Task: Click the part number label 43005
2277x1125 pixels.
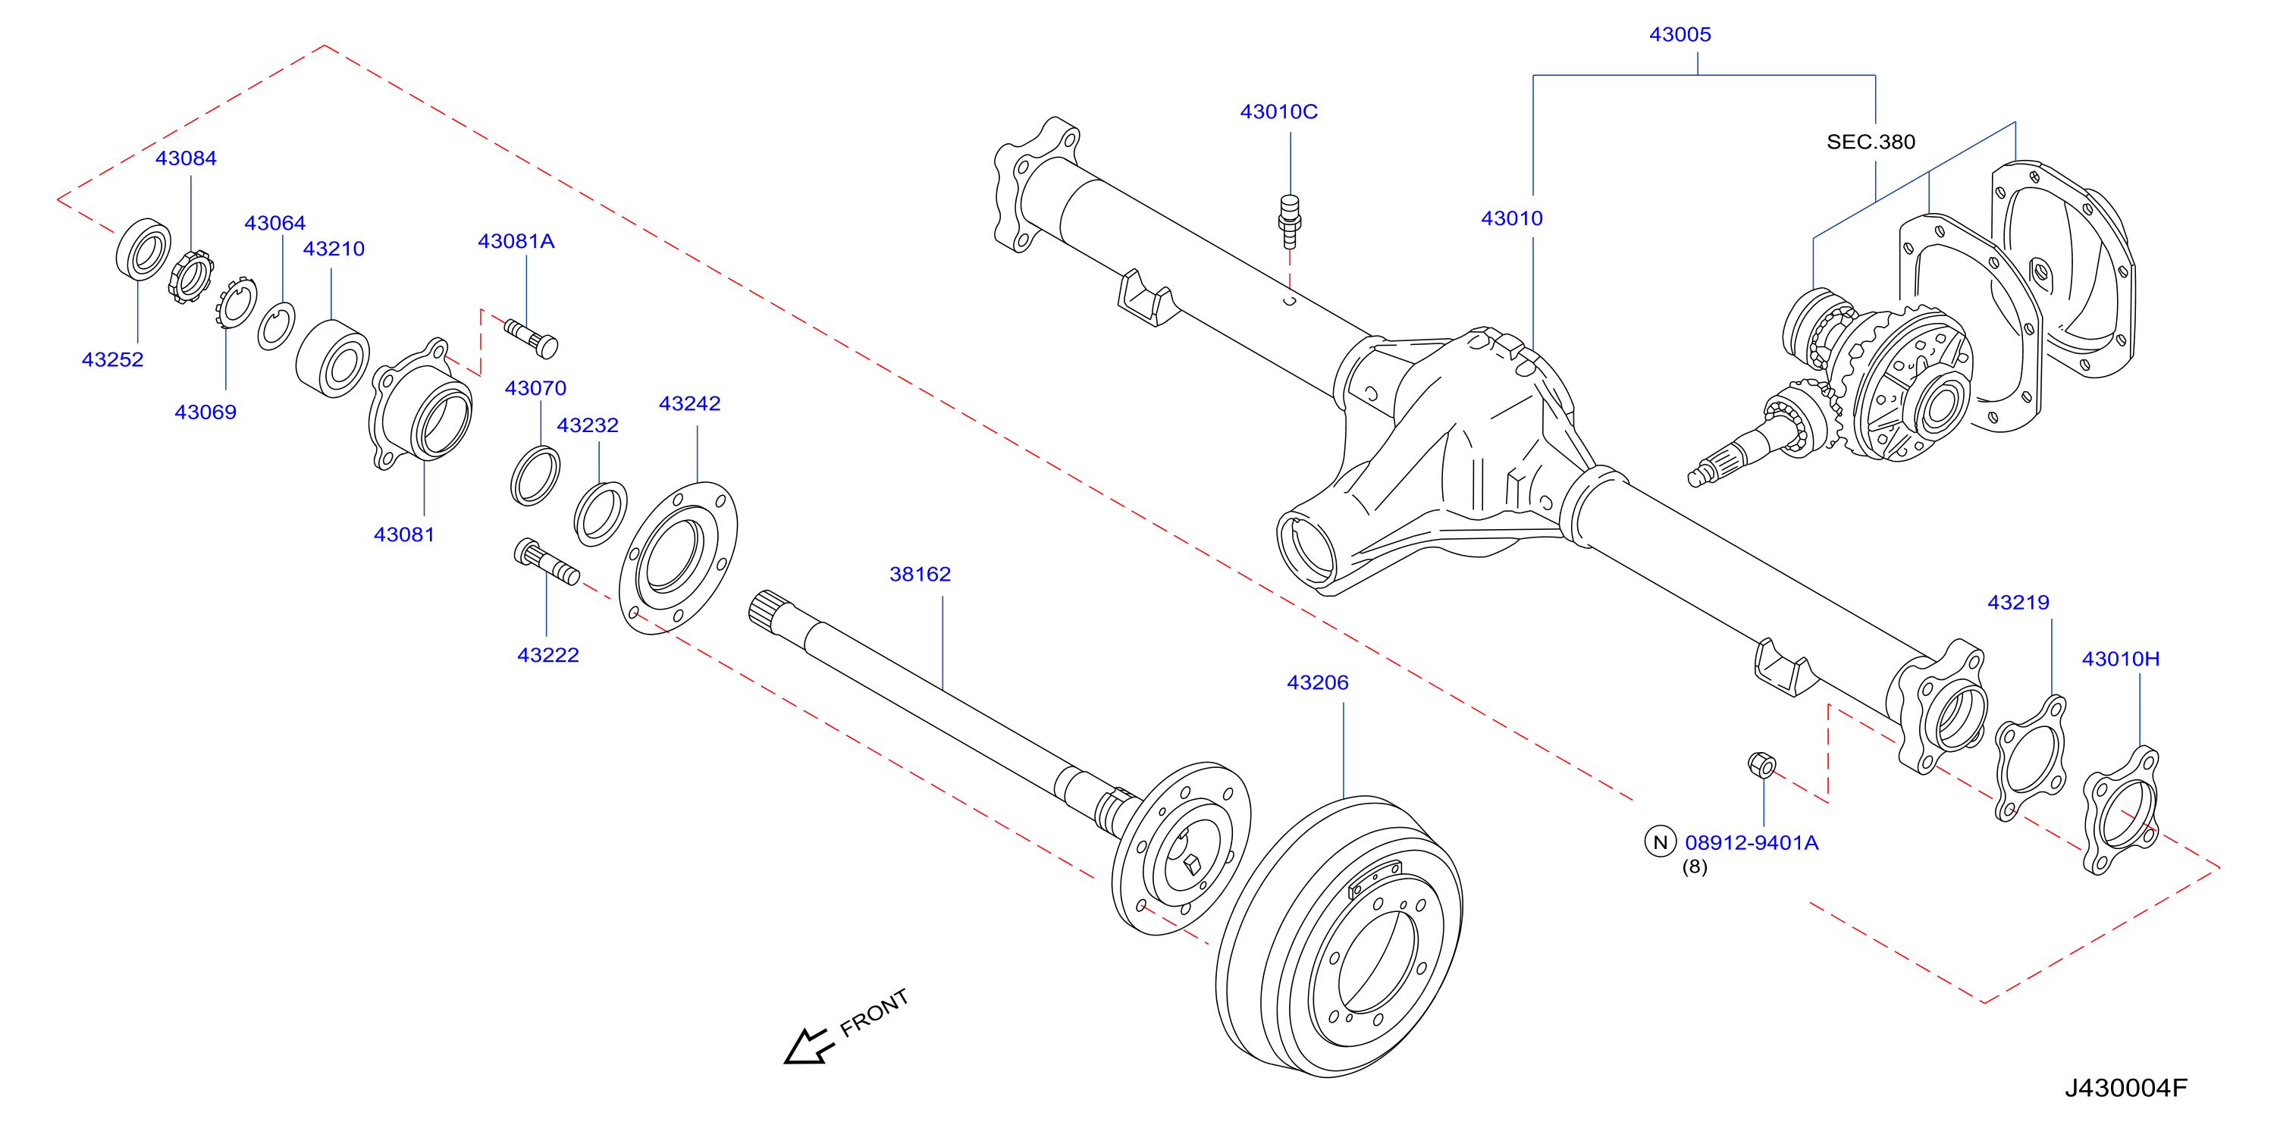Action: coord(1680,34)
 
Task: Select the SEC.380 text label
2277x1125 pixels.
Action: coord(1871,142)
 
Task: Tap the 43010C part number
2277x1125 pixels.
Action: coord(1278,111)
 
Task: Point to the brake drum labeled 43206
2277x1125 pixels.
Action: coord(1339,937)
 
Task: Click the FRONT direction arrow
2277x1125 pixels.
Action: coord(809,1046)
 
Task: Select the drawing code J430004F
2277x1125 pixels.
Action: coord(2125,1088)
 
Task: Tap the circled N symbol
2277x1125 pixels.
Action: coord(1660,841)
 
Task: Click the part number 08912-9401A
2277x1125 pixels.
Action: coord(1751,842)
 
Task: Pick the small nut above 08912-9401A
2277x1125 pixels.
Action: coord(1761,764)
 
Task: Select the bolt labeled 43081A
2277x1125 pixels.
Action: coord(532,338)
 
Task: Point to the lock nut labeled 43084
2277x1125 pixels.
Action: coord(192,277)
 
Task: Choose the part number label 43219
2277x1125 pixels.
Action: coord(2018,603)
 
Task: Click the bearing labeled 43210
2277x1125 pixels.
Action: coord(332,359)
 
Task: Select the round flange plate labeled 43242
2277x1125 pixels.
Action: coord(678,558)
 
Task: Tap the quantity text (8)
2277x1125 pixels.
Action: coord(1695,867)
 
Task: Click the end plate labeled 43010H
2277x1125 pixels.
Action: coord(2122,810)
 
